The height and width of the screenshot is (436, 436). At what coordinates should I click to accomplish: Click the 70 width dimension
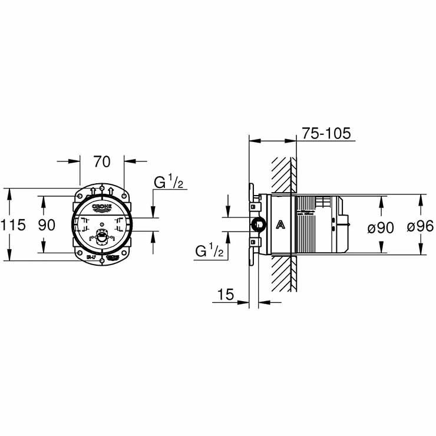coord(102,161)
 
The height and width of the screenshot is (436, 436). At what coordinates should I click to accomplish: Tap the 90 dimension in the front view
coord(47,225)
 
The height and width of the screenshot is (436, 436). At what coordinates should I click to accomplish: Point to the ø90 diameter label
coord(381,227)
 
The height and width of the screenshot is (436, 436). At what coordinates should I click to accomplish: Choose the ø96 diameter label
coord(421,227)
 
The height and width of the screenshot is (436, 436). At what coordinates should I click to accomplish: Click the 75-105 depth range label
coord(326,133)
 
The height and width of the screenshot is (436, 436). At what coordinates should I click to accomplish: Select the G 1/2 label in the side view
coord(210,252)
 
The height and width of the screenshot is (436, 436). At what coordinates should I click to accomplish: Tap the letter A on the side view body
coord(281,224)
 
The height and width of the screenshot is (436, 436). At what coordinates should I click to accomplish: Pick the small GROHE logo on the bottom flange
coord(112,257)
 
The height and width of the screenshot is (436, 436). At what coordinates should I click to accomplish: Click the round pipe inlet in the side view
coord(257,224)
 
